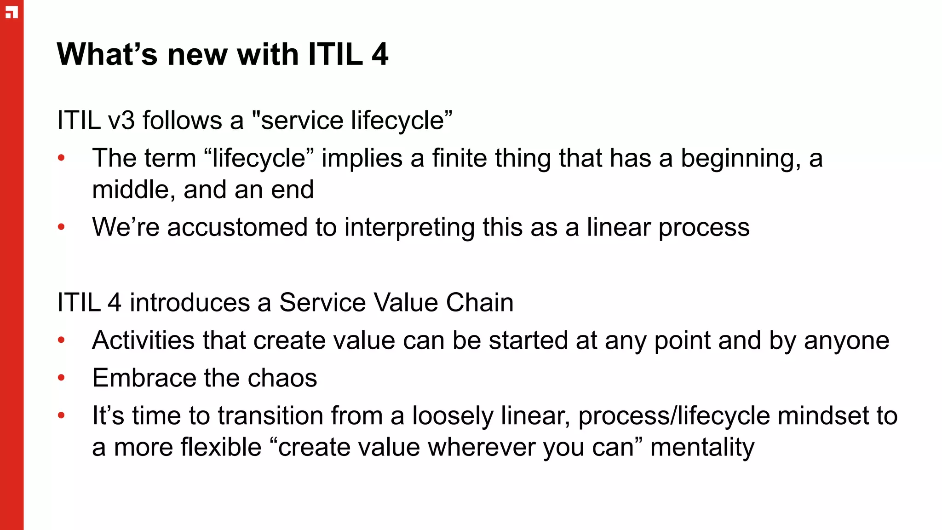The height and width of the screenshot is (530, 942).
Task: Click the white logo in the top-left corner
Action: [x=11, y=12]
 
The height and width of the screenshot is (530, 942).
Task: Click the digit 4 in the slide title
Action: [x=380, y=54]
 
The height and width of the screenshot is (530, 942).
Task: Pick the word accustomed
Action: [x=237, y=227]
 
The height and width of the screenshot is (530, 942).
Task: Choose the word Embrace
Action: [x=144, y=378]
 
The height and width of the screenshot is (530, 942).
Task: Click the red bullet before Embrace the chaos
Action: [x=62, y=378]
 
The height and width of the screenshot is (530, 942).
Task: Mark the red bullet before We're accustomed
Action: [x=62, y=227]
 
